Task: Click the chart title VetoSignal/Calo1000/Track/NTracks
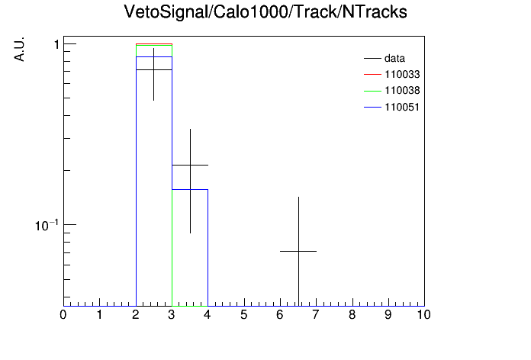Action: (265, 12)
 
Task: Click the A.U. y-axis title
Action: (19, 49)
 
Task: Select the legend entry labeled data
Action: (385, 58)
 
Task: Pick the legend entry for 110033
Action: (392, 74)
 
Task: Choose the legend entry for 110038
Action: (392, 91)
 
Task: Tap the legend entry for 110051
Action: (392, 108)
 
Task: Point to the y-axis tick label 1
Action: (57, 44)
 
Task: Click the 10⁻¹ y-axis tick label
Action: (47, 225)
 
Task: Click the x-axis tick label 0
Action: (63, 315)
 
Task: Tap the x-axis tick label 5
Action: (244, 315)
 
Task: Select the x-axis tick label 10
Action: (423, 315)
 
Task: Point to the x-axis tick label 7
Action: (316, 315)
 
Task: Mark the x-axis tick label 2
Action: (136, 315)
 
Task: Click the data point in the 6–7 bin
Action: (299, 251)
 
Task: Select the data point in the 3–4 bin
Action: (190, 165)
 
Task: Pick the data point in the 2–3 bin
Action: (154, 69)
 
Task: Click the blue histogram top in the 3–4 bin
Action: (190, 189)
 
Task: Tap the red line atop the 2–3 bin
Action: (154, 44)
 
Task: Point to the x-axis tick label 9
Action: (388, 315)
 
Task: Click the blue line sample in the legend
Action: (372, 108)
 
